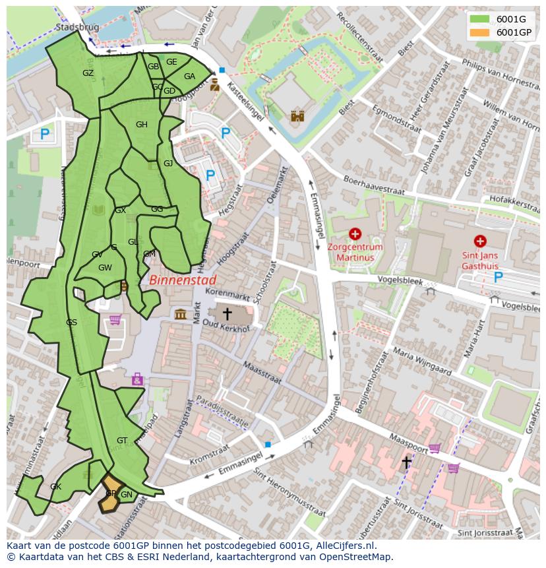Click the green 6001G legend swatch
pos(479,19)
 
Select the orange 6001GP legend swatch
pos(479,32)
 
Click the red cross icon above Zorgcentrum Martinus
pos(355,234)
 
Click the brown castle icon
pos(297,116)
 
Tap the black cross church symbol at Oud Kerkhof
pos(227,313)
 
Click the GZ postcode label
pos(88,73)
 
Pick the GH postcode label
pos(141,125)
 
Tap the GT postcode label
pos(122,440)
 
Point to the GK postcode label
pos(55,487)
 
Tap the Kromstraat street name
pos(210,455)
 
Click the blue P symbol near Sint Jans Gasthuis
pos(498,278)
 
